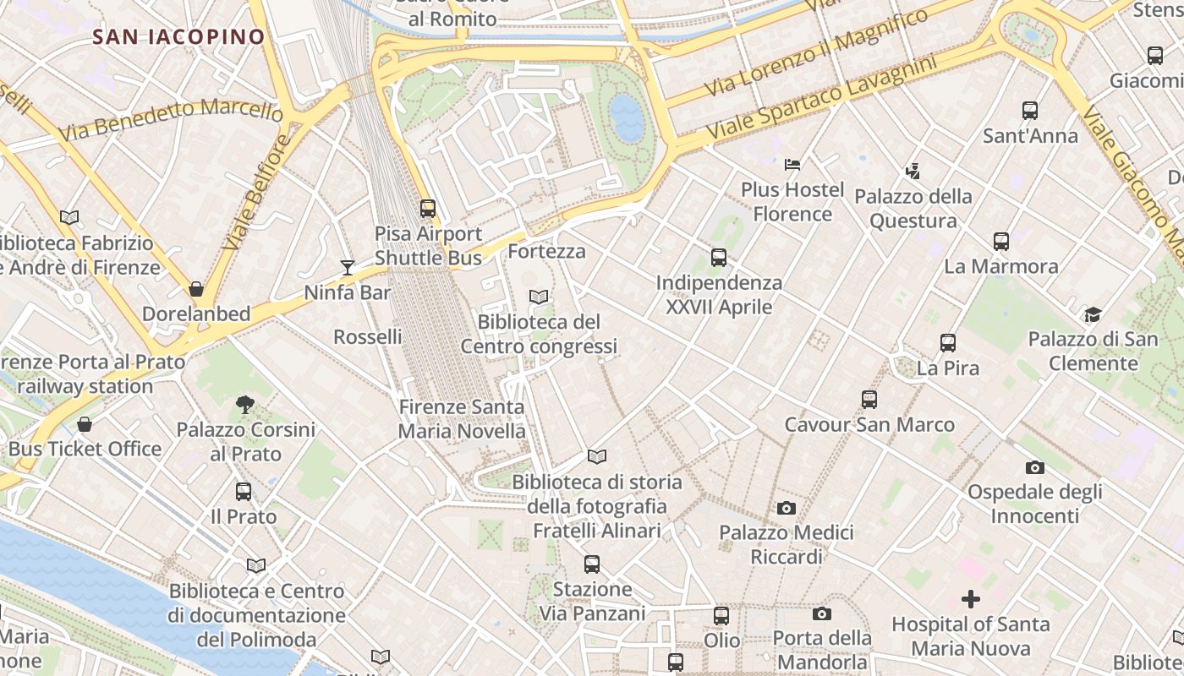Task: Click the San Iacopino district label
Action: click(x=178, y=36)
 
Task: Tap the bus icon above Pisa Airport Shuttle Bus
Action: click(x=428, y=208)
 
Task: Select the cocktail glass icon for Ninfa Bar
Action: click(x=348, y=268)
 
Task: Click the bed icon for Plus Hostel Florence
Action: click(x=792, y=164)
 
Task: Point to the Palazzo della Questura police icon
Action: click(x=913, y=172)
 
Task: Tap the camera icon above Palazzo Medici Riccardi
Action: click(x=787, y=508)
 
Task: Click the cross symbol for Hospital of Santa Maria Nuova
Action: click(x=971, y=599)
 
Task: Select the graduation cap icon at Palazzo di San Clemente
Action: click(x=1093, y=314)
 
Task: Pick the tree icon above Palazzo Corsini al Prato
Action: click(x=245, y=404)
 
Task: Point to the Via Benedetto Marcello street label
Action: click(x=171, y=120)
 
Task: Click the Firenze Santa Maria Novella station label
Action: click(x=462, y=418)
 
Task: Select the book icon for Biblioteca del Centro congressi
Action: click(x=539, y=297)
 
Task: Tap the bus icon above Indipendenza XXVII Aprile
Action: click(x=719, y=257)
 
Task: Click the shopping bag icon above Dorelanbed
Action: click(x=196, y=289)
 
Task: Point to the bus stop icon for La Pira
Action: click(x=948, y=343)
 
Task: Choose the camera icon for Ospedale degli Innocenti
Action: click(x=1034, y=467)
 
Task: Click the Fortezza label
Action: click(x=546, y=251)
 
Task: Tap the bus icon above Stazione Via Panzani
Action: click(x=592, y=564)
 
